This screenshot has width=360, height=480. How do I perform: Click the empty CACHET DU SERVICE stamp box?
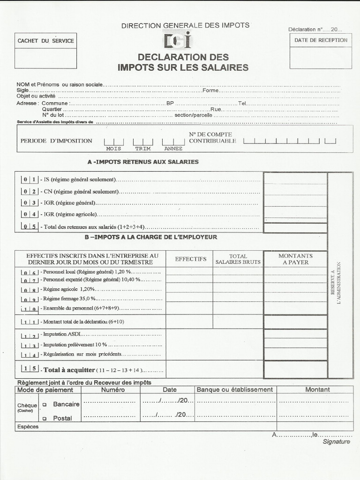tap(45, 59)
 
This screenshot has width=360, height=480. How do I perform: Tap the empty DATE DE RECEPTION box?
tap(321, 58)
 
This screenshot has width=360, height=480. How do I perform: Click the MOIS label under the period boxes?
tap(113, 149)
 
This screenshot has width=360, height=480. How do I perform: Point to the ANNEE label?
tap(173, 149)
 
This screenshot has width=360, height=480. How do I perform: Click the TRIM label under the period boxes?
tap(143, 149)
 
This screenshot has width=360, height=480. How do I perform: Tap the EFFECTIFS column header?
tap(190, 259)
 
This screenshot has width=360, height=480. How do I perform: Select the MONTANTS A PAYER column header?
tap(295, 259)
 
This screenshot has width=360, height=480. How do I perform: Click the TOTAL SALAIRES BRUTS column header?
tap(238, 259)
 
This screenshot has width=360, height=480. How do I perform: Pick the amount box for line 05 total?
tap(295, 228)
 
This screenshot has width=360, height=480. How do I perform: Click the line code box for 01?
tap(30, 179)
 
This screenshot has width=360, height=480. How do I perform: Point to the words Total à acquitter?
tap(69, 370)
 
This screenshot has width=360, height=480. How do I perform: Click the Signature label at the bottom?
tap(336, 442)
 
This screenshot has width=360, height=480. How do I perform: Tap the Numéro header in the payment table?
tap(113, 390)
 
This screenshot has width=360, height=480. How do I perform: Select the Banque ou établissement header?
tap(234, 390)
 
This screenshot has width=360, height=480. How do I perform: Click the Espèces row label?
tap(28, 427)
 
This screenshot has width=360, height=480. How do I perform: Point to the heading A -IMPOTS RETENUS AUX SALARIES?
tap(143, 162)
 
